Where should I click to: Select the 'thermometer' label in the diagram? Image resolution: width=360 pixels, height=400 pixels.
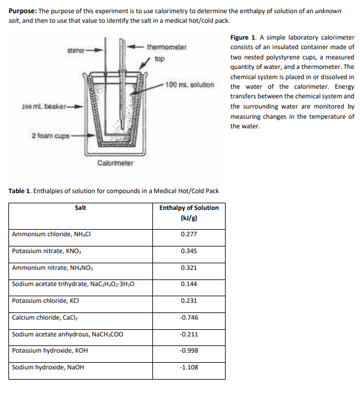pos(166,47)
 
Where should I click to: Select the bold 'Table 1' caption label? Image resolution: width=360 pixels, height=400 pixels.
pos(21,191)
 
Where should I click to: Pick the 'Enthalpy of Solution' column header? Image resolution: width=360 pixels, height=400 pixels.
pos(189,208)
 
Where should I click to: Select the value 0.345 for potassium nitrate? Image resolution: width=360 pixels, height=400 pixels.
pos(189,251)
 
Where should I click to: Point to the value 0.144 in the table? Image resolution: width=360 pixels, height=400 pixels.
pos(189,284)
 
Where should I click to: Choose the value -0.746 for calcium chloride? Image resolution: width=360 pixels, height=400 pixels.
pos(189,317)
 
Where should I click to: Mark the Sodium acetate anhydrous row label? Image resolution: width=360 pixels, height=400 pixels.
pos(67,334)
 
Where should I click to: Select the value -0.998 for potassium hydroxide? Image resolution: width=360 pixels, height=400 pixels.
pos(189,350)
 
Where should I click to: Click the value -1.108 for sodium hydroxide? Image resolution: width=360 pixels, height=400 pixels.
pos(189,367)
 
